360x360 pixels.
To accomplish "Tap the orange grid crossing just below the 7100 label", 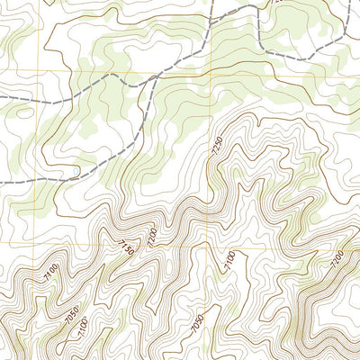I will [x=211, y=275].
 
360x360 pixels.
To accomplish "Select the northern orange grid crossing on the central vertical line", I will [x=211, y=70].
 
